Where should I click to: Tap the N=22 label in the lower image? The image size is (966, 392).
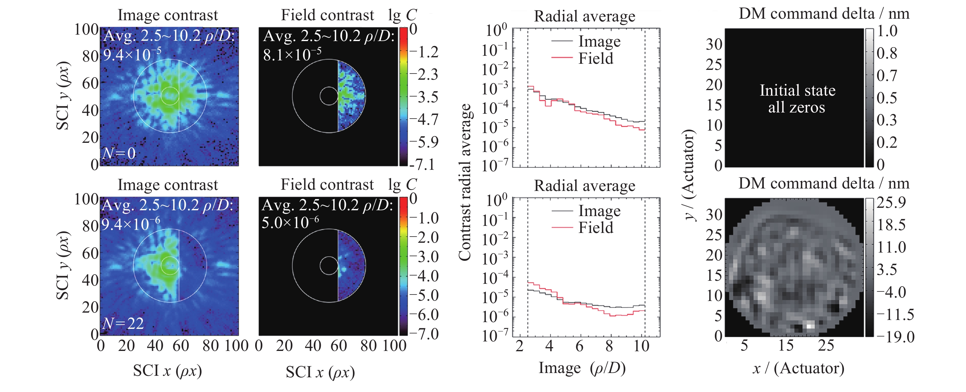[x=123, y=323]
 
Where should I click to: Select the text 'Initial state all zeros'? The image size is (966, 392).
[x=797, y=99]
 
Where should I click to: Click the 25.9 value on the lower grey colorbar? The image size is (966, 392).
[x=891, y=203]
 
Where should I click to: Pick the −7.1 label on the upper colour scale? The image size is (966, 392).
[x=423, y=164]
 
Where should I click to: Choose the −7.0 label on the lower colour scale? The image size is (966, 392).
[x=424, y=333]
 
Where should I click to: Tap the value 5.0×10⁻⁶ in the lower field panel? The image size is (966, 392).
[x=290, y=222]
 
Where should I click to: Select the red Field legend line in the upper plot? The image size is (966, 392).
[x=562, y=58]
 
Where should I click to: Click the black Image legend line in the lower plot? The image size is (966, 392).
[x=562, y=211]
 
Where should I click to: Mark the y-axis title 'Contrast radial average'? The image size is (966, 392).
[x=465, y=182]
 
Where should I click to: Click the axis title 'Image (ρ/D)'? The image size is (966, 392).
[x=582, y=368]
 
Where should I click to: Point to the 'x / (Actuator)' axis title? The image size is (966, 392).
[x=798, y=368]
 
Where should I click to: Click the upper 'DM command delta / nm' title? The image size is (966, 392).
[x=824, y=14]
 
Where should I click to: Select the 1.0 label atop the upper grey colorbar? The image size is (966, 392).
[x=887, y=31]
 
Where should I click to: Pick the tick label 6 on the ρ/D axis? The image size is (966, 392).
[x=579, y=345]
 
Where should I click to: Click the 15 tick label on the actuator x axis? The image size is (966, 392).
[x=786, y=345]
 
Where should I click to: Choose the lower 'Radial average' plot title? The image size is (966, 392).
[x=585, y=186]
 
